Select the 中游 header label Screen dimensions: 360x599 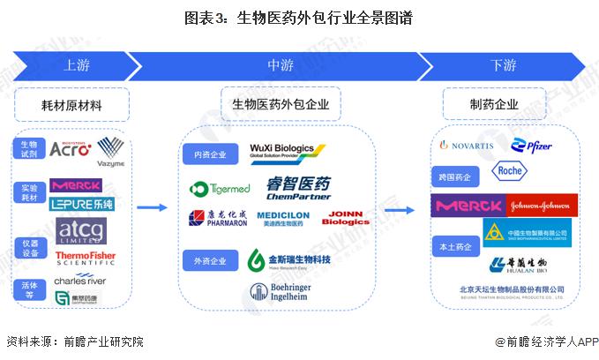coord(281,67)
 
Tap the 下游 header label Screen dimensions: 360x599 coord(504,67)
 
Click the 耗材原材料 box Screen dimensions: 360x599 coord(72,105)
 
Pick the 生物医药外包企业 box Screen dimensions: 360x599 coord(280,105)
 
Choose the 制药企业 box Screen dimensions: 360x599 coord(494,105)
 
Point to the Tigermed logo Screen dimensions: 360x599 coord(218,188)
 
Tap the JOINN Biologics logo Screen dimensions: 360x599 coord(347,218)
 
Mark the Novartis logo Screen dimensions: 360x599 coord(467,145)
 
